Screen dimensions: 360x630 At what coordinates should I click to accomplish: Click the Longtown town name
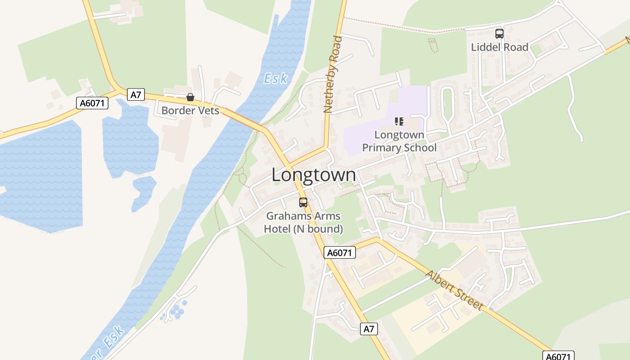tap(313, 175)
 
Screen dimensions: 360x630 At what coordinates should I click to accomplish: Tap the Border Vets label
tap(190, 110)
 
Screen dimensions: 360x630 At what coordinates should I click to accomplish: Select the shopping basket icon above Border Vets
tap(190, 97)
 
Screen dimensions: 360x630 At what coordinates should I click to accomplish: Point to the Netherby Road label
tap(333, 74)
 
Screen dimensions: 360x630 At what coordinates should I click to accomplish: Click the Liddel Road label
tap(499, 47)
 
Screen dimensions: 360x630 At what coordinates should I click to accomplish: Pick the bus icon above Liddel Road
tap(499, 33)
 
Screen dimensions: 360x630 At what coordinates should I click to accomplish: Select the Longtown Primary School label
tap(399, 141)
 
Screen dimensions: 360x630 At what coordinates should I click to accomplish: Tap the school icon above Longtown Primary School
tap(399, 121)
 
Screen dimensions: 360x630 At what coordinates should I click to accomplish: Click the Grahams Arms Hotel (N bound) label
tap(303, 222)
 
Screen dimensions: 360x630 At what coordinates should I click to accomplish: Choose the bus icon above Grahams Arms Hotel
tap(303, 202)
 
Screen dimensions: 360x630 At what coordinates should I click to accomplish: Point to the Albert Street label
tap(454, 290)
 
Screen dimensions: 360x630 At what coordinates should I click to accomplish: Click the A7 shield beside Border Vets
tap(135, 94)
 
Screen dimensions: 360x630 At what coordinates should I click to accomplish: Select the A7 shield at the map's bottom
tap(369, 329)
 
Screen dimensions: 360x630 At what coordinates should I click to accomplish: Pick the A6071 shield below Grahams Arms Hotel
tap(339, 253)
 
